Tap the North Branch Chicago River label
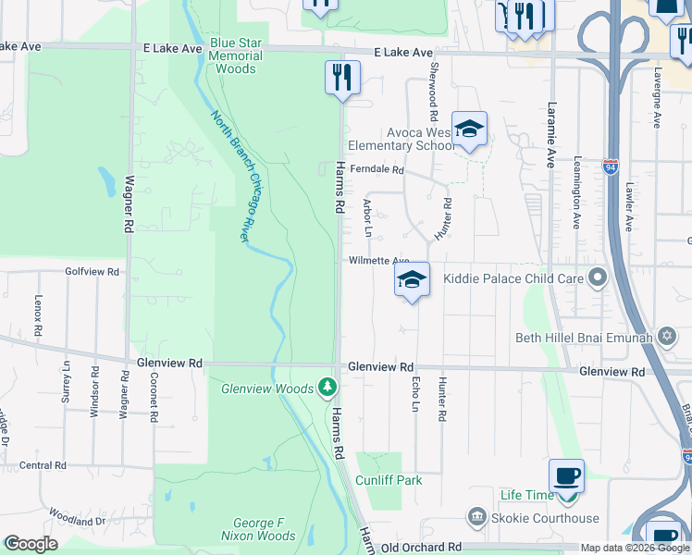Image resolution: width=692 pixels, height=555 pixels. (x=232, y=176)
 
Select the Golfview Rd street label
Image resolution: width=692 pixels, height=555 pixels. (x=93, y=272)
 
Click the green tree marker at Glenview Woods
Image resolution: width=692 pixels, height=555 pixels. (x=326, y=386)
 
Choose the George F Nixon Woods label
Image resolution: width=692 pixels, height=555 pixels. (x=258, y=529)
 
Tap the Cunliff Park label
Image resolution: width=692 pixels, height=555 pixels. (x=390, y=480)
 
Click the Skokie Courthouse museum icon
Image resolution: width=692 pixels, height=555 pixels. (x=476, y=515)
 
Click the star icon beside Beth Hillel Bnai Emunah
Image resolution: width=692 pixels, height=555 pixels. (x=667, y=336)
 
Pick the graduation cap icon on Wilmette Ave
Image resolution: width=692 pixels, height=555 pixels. (x=413, y=281)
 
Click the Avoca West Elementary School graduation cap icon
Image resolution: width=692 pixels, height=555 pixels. (x=469, y=129)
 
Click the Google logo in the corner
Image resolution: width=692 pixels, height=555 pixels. (x=31, y=544)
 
